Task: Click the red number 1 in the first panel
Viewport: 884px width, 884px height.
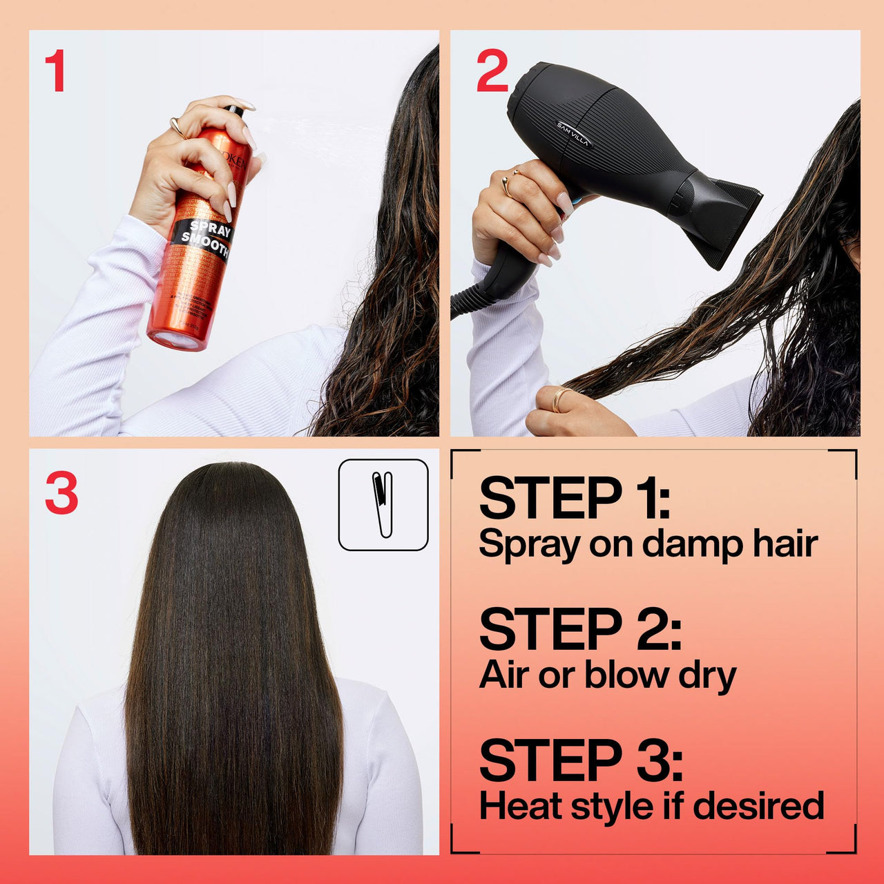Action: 55,71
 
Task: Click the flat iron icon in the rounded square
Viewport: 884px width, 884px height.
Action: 383,505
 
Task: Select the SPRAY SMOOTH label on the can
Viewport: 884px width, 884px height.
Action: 205,239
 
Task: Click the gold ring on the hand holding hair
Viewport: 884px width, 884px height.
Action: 559,399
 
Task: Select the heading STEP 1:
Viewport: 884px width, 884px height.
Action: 574,498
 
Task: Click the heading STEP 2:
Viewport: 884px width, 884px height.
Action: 580,629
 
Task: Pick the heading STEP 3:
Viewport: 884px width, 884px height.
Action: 581,760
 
